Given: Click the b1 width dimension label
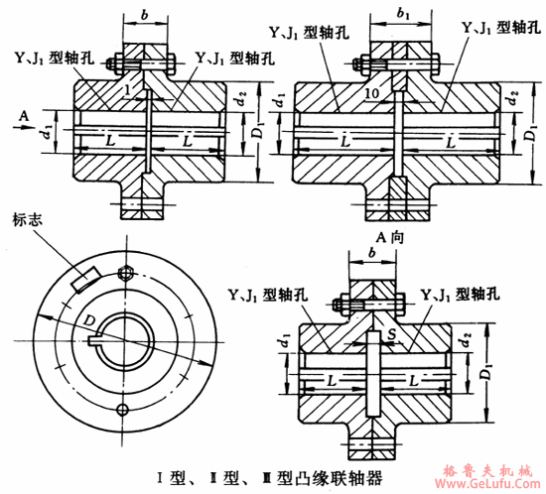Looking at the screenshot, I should (x=402, y=17).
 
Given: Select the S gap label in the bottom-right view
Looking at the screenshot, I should (x=391, y=340).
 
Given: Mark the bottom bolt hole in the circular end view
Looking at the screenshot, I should (x=122, y=410).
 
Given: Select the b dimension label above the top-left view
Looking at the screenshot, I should (x=146, y=17).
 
